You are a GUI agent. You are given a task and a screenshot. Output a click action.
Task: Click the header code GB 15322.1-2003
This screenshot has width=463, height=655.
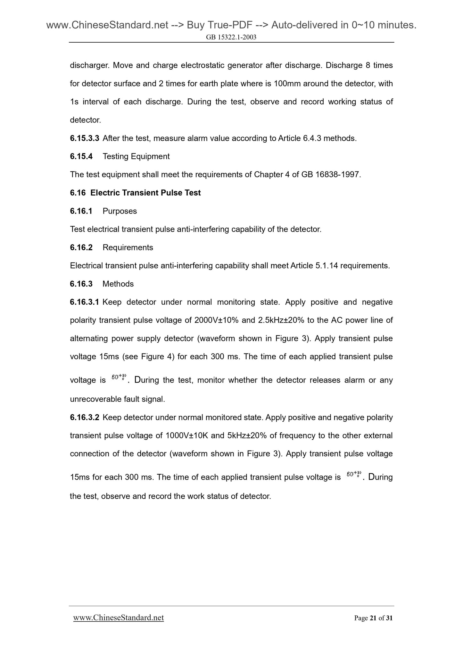tap(231, 37)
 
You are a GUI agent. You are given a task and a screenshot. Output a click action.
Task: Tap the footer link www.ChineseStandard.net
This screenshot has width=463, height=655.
tap(119, 618)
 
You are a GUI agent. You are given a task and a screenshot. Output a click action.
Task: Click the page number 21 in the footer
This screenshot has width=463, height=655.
tap(373, 618)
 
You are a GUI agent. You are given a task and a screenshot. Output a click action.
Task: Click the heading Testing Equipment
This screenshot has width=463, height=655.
tap(136, 156)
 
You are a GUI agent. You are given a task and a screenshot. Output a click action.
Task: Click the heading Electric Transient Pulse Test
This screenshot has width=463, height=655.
tap(145, 193)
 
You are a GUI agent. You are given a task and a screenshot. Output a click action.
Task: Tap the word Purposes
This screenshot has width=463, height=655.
tap(120, 211)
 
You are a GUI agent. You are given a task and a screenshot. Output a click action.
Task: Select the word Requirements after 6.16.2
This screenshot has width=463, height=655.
tap(128, 247)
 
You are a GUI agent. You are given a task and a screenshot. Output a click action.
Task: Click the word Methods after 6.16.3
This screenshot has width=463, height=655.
tap(118, 284)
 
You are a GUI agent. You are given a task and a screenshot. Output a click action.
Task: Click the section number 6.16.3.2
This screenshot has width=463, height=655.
tap(85, 417)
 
